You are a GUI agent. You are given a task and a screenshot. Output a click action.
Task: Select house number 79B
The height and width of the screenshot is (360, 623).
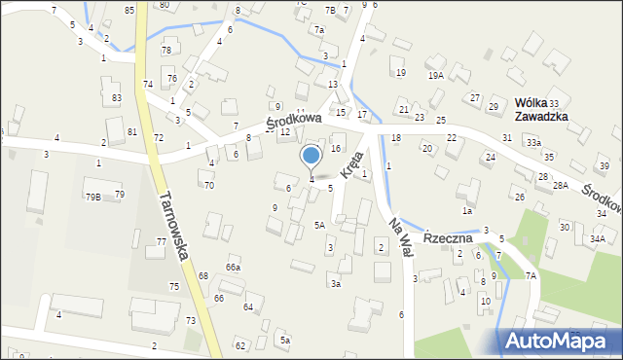point(92,197)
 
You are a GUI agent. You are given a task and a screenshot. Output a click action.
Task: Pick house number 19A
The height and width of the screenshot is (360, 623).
point(435,74)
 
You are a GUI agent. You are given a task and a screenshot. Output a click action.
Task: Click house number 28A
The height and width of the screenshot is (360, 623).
point(560,185)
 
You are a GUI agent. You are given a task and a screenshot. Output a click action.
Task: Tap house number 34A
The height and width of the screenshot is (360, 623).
point(597,237)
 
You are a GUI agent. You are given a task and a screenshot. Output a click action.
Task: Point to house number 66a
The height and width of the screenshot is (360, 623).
point(233,267)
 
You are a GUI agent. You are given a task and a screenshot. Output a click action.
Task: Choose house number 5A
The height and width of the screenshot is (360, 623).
point(319,225)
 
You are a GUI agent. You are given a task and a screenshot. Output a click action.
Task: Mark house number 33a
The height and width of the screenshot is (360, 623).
point(533,142)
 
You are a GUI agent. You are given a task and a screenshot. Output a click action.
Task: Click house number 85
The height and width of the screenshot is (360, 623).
point(129,10)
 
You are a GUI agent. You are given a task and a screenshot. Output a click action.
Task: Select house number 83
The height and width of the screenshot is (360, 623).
point(117,98)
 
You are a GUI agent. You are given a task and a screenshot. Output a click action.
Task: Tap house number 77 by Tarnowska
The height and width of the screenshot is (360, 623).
point(162,241)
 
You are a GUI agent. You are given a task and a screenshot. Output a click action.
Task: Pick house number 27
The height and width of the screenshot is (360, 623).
point(475,98)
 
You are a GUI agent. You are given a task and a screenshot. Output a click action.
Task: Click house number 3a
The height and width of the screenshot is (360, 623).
point(335,283)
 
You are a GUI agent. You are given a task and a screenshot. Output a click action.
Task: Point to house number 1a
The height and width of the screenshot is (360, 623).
point(467,210)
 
